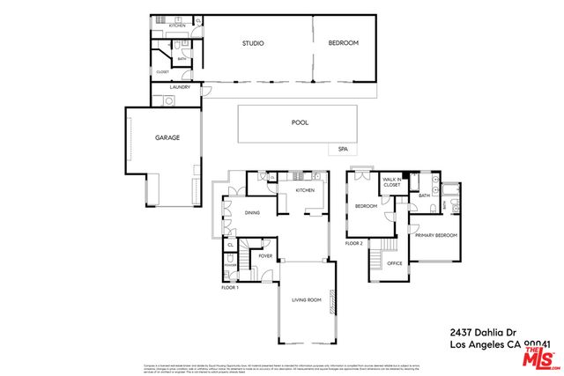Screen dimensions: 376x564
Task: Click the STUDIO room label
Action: point(253,43)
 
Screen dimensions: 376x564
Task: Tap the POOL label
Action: point(300,124)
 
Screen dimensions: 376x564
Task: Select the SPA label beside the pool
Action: point(343,150)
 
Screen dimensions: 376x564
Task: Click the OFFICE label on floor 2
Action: point(395,263)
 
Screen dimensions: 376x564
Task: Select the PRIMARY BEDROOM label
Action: point(435,236)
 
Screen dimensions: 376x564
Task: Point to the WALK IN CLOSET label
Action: point(391,181)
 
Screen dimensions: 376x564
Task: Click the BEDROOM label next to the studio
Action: point(343,43)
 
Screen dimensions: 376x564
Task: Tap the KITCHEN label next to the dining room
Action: point(305,190)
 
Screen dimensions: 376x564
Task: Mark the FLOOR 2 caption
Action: point(354,242)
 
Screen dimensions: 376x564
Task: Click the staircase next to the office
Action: point(376,261)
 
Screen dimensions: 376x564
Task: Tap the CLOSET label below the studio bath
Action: point(163,72)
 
